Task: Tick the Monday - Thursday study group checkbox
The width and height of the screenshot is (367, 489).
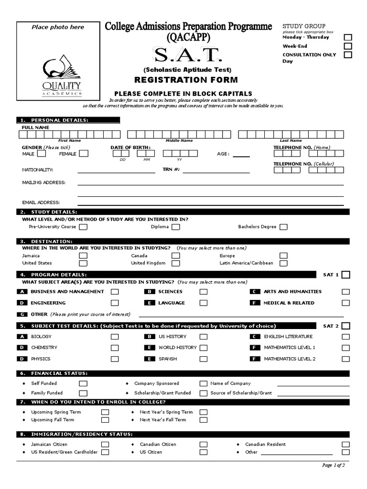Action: point(348,37)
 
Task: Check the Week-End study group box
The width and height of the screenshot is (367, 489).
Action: point(348,46)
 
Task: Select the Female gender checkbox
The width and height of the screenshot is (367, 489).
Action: point(84,154)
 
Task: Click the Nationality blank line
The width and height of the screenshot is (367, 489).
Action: point(116,170)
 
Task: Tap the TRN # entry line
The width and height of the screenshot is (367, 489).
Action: point(216,170)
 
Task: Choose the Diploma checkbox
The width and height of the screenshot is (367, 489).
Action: point(176,227)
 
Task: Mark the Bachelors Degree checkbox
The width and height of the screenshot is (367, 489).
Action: point(284,227)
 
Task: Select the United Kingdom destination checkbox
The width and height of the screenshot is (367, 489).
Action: point(176,263)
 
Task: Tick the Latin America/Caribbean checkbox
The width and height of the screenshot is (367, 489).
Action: point(284,263)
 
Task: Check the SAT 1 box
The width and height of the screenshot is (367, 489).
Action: point(346,275)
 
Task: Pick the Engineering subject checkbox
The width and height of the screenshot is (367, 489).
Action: point(115,303)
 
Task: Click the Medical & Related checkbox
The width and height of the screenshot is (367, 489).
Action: point(345,303)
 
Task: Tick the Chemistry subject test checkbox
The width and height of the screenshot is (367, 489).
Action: point(115,348)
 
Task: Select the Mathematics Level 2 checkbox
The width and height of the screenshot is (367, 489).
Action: point(345,359)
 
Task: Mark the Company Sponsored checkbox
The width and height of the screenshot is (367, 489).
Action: point(204,383)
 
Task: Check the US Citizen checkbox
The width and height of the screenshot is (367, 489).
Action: point(204,452)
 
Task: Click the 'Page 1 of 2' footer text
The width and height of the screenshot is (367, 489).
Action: point(333,465)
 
